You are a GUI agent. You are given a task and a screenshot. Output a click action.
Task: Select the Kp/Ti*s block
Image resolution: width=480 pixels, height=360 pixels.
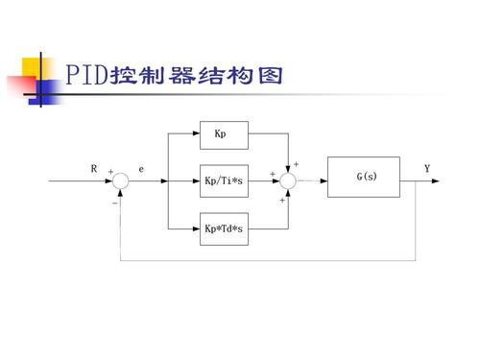click(x=224, y=179)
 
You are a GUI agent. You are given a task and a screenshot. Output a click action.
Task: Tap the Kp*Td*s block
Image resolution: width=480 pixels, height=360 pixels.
click(x=224, y=228)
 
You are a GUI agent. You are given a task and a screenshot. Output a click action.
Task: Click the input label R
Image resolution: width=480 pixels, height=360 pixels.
click(x=94, y=169)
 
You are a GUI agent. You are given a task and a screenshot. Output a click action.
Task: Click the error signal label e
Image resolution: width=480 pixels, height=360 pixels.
click(x=141, y=169)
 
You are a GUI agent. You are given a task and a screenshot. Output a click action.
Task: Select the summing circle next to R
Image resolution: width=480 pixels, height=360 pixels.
click(x=121, y=180)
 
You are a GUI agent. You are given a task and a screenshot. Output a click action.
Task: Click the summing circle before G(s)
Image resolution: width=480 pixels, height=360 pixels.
click(x=290, y=180)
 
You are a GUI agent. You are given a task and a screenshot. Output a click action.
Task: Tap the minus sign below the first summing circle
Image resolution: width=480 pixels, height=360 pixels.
click(x=114, y=203)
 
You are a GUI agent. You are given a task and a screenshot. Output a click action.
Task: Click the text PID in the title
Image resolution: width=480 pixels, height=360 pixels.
click(x=86, y=76)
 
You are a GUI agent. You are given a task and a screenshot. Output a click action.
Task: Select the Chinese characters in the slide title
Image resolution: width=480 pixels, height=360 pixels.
click(x=197, y=76)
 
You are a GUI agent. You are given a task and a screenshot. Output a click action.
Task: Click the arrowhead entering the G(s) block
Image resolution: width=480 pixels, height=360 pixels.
click(x=324, y=180)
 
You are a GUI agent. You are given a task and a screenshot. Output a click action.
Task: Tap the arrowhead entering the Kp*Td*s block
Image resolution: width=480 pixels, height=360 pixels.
click(x=196, y=228)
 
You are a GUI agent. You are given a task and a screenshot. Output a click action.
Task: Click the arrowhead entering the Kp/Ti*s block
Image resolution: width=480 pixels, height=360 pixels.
click(x=196, y=180)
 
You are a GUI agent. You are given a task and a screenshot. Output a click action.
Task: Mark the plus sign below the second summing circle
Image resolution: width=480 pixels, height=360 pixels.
click(x=282, y=201)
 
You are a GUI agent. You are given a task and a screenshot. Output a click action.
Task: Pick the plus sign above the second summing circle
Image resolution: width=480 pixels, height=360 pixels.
click(x=296, y=164)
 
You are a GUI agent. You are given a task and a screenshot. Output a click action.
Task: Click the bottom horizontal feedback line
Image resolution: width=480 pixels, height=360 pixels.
click(x=269, y=259)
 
